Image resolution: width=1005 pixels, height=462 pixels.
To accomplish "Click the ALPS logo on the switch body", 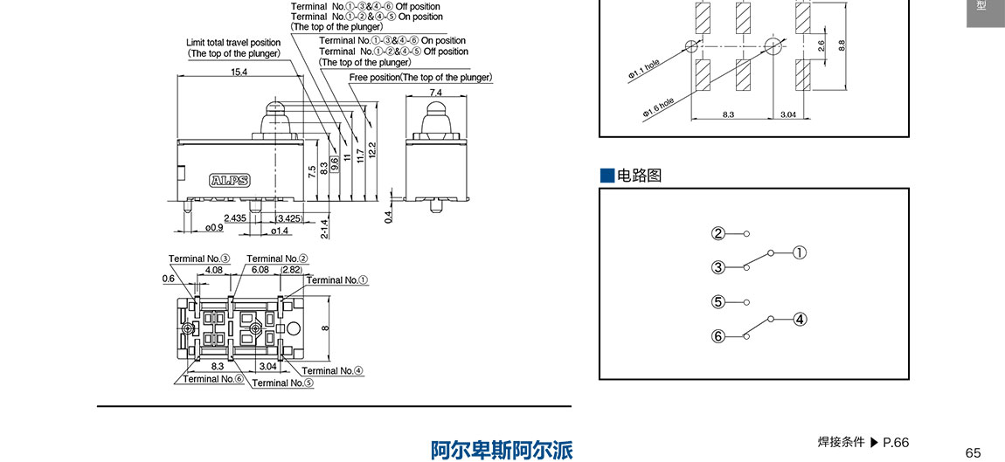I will pos(230,182).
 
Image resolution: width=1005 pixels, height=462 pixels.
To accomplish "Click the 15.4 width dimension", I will pos(239,72).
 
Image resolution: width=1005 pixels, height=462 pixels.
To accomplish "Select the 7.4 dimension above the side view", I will pos(435,92).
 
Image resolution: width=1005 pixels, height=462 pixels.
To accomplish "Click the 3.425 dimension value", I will pos(288,217).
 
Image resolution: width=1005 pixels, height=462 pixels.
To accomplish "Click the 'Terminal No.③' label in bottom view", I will pos(199,259).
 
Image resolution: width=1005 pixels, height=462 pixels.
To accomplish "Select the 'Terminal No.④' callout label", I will pos(332,370).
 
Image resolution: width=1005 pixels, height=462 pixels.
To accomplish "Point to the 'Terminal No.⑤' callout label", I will pos(282,383).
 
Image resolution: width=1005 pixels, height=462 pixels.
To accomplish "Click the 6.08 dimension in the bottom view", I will pos(260,270).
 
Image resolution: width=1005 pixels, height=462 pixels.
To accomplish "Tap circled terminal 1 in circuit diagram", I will pos(799,253).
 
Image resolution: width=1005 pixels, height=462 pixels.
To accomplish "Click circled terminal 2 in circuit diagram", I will pos(718,233).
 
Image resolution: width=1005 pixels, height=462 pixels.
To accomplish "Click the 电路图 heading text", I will pos(640,176).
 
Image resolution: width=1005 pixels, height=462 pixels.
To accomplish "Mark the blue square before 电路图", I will pos(607,176).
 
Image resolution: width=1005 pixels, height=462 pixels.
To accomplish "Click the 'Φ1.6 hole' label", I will pos(658,107).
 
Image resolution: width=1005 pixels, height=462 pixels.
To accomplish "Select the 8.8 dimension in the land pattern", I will pos(842,45).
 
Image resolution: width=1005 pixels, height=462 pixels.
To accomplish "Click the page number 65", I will pos(974,452).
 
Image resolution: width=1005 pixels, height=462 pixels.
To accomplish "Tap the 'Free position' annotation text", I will pos(420,78).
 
